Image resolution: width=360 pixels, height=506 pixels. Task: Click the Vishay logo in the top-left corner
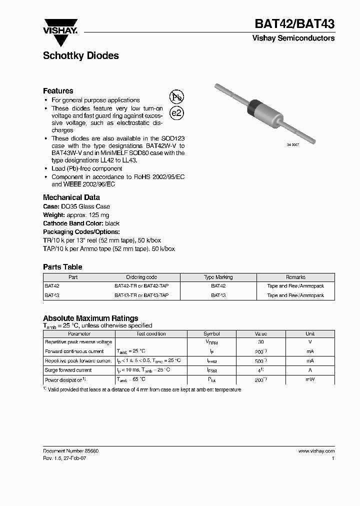[x=60, y=26]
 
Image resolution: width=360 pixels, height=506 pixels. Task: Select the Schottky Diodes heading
[x=81, y=56]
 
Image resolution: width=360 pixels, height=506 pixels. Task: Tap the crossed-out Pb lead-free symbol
[x=176, y=97]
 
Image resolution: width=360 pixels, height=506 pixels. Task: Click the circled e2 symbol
[x=176, y=113]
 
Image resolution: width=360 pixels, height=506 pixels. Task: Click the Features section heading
[x=58, y=91]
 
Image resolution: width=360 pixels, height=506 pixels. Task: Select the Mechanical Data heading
[x=71, y=197]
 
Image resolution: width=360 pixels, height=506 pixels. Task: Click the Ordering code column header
[x=141, y=277]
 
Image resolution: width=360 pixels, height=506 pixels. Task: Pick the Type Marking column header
[x=218, y=277]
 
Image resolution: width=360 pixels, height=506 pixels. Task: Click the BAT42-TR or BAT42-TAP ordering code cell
[x=141, y=286]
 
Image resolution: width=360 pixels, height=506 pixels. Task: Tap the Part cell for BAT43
[x=51, y=295]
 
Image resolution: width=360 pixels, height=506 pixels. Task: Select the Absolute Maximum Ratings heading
[x=90, y=318]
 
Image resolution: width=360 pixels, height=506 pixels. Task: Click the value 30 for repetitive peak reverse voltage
[x=260, y=342]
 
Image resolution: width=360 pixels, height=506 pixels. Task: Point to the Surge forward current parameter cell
[x=68, y=370]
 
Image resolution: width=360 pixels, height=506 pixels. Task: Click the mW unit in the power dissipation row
[x=310, y=379]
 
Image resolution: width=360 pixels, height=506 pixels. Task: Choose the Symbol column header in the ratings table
[x=211, y=333]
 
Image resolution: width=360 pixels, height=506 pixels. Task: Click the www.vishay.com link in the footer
[x=316, y=451]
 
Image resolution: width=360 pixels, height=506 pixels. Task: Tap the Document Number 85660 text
[x=70, y=451]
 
